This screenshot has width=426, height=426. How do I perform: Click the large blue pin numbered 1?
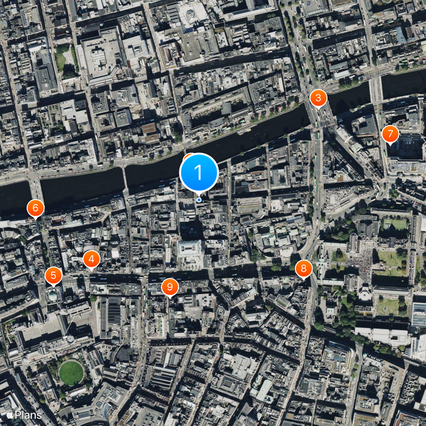tap(199, 172)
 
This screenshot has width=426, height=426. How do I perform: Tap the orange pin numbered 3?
tap(318, 98)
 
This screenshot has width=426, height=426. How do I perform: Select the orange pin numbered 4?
tap(92, 259)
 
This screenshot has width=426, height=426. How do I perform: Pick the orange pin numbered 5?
tap(53, 276)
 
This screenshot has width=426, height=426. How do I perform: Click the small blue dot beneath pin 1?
tap(199, 200)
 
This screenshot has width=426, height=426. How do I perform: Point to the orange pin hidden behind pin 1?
tap(187, 157)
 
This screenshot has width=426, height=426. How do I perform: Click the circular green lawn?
tap(71, 373)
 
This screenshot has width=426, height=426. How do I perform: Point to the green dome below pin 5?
tap(53, 294)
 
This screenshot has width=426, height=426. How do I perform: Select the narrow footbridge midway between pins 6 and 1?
tap(124, 177)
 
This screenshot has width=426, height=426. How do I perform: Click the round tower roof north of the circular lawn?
tap(70, 339)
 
